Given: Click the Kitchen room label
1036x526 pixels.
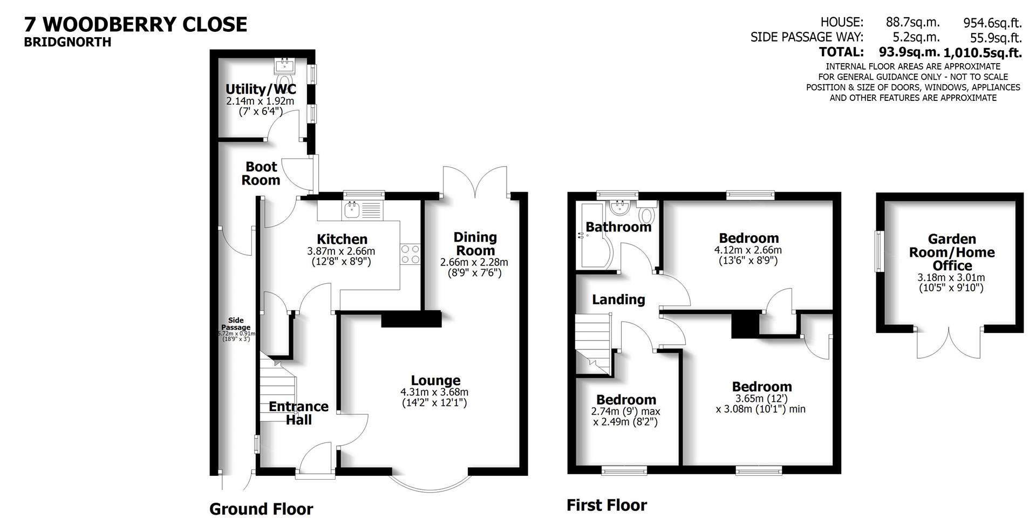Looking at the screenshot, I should (x=342, y=239).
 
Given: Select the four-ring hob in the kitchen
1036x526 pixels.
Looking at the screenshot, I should (x=410, y=254).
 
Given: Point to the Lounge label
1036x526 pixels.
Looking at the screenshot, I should (x=435, y=380).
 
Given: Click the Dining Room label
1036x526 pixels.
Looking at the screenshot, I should (x=474, y=244).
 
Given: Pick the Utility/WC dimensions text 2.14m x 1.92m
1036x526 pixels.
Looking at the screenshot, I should (x=260, y=101).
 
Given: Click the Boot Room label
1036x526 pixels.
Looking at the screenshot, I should (x=261, y=174).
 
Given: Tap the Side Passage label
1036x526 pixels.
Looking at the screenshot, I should (x=236, y=324).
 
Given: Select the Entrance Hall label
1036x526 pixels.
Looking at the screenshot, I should (x=298, y=413).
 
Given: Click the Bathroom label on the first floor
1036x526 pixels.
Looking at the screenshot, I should (x=618, y=227).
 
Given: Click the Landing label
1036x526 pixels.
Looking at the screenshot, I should (x=618, y=299).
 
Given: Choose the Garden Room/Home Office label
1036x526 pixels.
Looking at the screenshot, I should (x=952, y=252).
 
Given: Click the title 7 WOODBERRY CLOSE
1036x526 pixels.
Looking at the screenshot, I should (x=135, y=24).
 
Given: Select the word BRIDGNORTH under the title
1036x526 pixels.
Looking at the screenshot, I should (x=67, y=43).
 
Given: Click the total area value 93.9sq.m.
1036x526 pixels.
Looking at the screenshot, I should (x=909, y=52).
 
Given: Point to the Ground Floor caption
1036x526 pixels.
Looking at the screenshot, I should (x=261, y=509).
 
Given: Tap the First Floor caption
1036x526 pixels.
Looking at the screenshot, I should (x=606, y=505).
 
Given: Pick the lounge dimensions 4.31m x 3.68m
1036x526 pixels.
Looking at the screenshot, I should (x=434, y=392).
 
